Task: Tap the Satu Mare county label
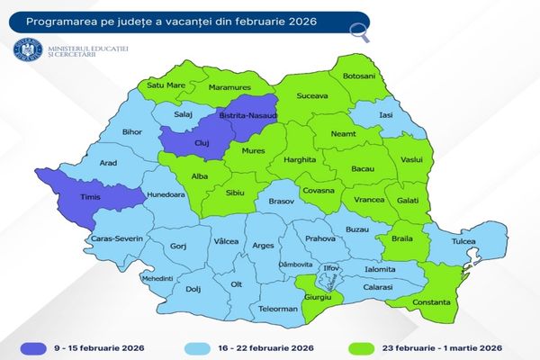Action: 162,87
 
